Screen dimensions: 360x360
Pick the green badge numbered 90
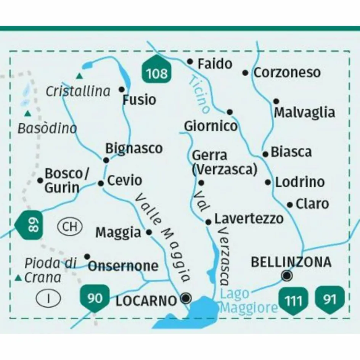click(95, 298)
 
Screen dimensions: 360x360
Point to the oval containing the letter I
click(48, 298)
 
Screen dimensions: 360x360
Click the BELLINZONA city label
click(291, 262)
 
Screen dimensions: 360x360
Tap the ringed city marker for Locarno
click(186, 298)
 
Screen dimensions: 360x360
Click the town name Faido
click(215, 64)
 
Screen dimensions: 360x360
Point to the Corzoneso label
click(287, 72)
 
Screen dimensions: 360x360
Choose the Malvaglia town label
click(304, 112)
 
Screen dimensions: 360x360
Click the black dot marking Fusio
click(122, 89)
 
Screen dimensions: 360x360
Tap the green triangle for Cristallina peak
click(79, 76)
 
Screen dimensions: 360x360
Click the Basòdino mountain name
click(47, 129)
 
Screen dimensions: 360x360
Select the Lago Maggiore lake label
click(249, 301)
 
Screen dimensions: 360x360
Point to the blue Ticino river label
click(199, 94)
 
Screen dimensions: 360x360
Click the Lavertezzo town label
click(249, 219)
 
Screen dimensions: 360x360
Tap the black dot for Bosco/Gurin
click(40, 180)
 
